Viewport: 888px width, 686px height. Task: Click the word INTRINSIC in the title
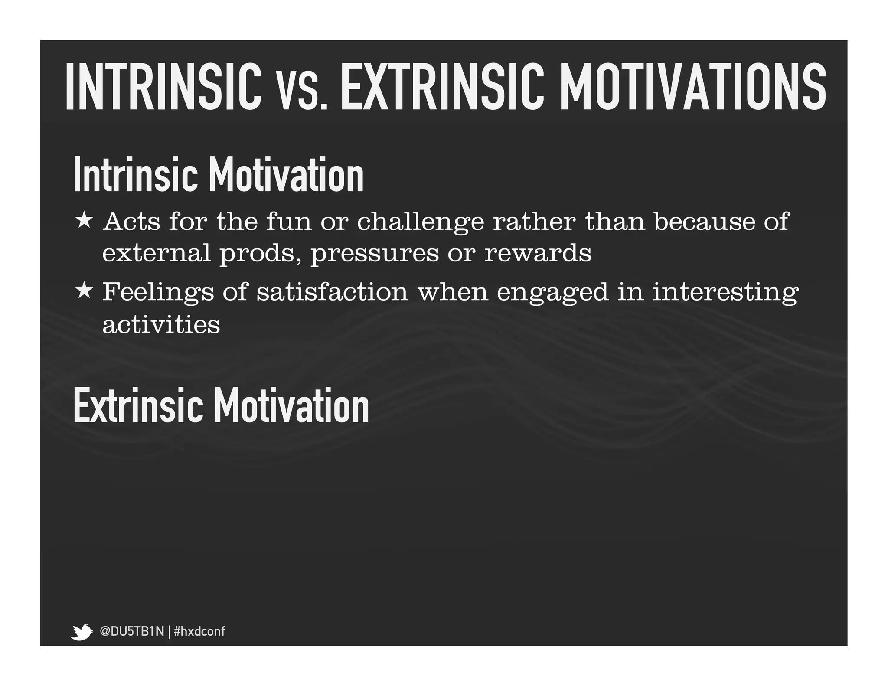point(163,86)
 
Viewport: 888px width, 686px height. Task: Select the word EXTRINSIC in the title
point(442,86)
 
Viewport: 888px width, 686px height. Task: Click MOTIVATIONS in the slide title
point(692,86)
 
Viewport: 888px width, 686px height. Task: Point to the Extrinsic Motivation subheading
point(221,405)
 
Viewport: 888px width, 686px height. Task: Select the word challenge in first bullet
point(420,222)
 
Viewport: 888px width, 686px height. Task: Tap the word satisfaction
point(332,291)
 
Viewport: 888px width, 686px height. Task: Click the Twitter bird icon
point(81,632)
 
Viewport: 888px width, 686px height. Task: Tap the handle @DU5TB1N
point(132,631)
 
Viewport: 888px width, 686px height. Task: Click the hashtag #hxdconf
point(199,631)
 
